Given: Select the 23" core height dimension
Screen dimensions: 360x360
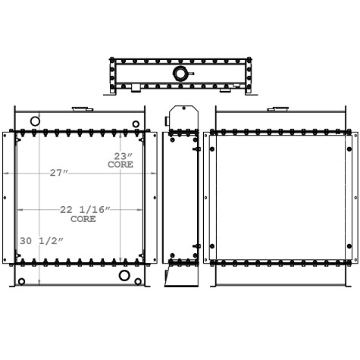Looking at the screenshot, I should click(121, 155).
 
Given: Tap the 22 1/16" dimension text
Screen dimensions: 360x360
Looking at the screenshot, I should click(86, 210).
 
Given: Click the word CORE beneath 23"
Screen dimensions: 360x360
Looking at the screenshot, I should click(121, 164).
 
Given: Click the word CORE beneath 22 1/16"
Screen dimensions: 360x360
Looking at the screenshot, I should click(83, 219).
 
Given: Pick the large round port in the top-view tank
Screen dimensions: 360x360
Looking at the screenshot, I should click(181, 74).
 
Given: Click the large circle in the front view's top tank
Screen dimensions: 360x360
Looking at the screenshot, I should click(35, 121).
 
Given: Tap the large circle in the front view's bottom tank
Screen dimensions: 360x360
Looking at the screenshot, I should click(123, 274).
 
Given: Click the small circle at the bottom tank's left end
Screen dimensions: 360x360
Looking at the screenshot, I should click(22, 282).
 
